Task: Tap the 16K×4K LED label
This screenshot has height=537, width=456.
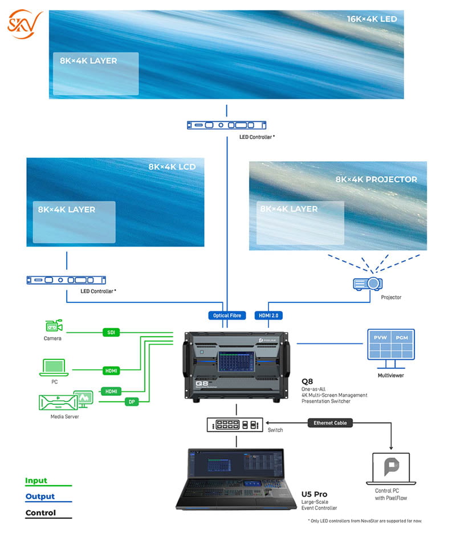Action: coord(372,19)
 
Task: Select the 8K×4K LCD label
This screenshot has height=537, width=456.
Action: coord(172,167)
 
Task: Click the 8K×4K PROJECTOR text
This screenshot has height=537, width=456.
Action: coord(376,179)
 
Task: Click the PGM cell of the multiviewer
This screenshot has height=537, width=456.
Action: coord(402,337)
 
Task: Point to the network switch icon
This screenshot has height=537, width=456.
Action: coord(235,424)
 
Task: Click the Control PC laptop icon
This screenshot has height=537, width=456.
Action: coord(390,469)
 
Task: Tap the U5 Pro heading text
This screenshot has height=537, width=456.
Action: coord(316,494)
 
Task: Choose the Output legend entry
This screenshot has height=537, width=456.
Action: coord(40,497)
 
